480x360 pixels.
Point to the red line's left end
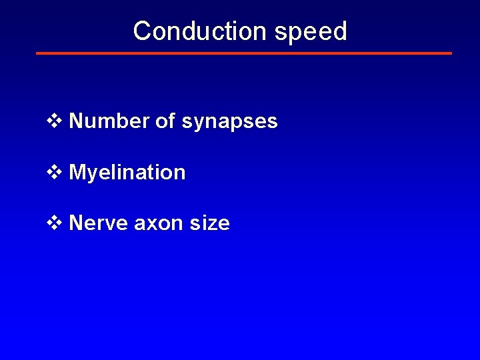click(x=37, y=53)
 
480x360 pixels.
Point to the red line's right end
click(x=451, y=53)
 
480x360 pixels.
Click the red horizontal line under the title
click(x=244, y=53)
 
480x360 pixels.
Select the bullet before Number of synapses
click(x=54, y=121)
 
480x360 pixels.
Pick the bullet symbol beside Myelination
click(x=54, y=172)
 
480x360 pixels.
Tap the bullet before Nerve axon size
click(x=54, y=223)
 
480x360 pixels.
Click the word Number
click(x=108, y=121)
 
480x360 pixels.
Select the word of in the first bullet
click(x=164, y=121)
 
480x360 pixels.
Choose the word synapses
click(x=229, y=123)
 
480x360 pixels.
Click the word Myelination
click(x=127, y=173)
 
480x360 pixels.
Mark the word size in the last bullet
click(x=209, y=223)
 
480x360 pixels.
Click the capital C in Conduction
click(x=141, y=31)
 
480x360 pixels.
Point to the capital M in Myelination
click(x=77, y=172)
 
